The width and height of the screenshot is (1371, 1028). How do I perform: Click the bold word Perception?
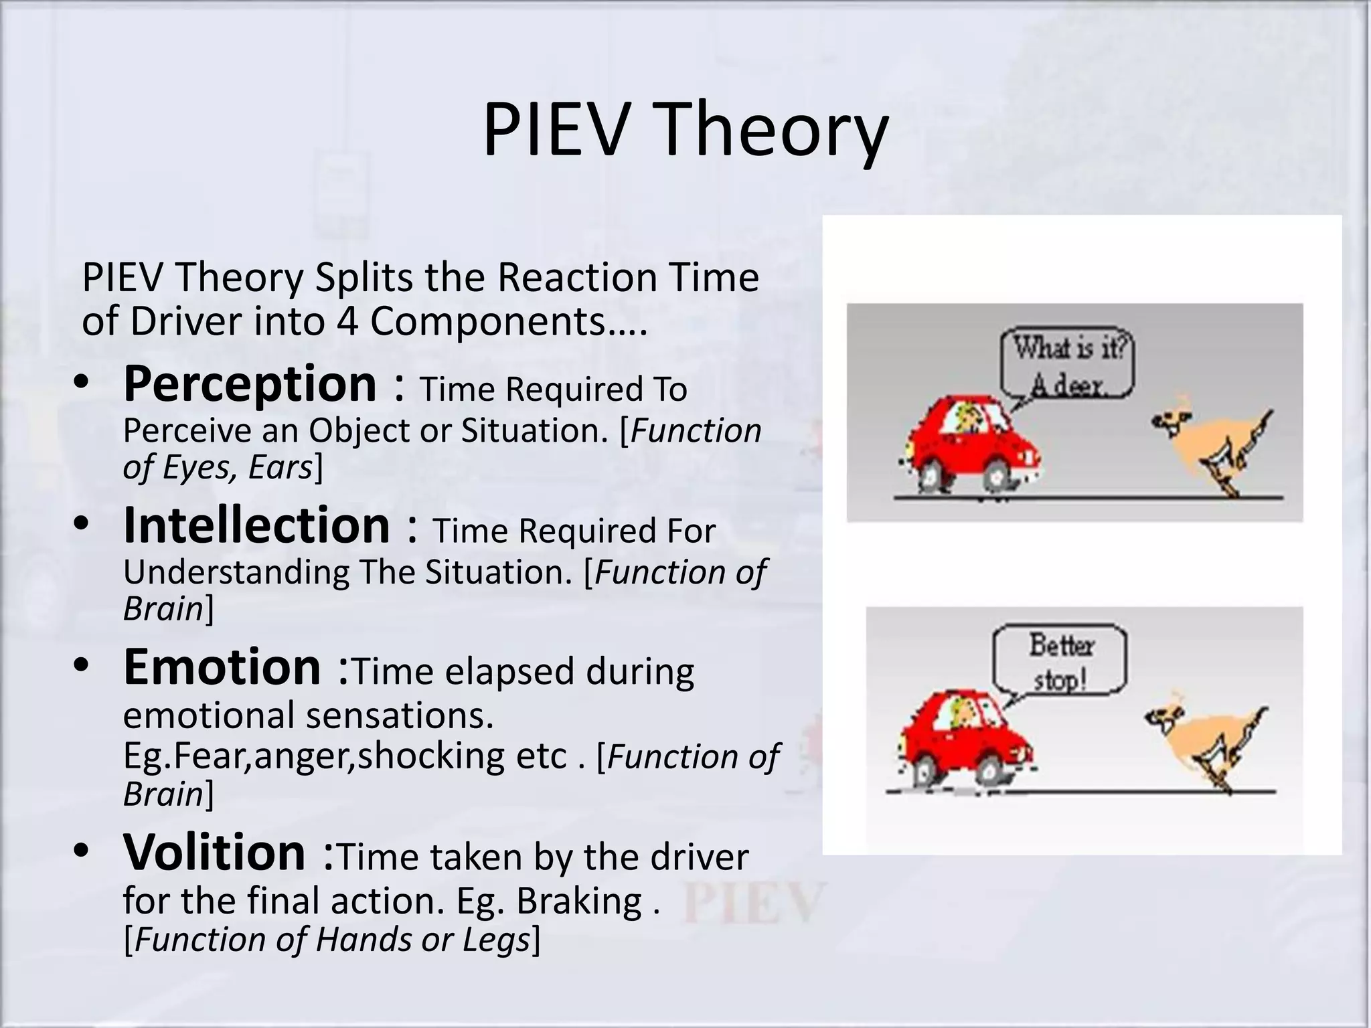pyautogui.click(x=250, y=384)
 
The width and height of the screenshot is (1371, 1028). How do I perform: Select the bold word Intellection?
pyautogui.click(x=256, y=526)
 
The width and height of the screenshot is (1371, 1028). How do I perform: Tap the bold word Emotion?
pyautogui.click(x=222, y=668)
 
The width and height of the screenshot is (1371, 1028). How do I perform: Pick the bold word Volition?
pyautogui.click(x=214, y=853)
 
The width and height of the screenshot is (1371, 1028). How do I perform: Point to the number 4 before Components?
pyautogui.click(x=347, y=322)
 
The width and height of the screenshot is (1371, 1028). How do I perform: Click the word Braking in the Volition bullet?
pyautogui.click(x=579, y=901)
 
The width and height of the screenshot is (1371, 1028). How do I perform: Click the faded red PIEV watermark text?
pyautogui.click(x=753, y=903)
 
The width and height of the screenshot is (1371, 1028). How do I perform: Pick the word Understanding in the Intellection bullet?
pyautogui.click(x=236, y=573)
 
